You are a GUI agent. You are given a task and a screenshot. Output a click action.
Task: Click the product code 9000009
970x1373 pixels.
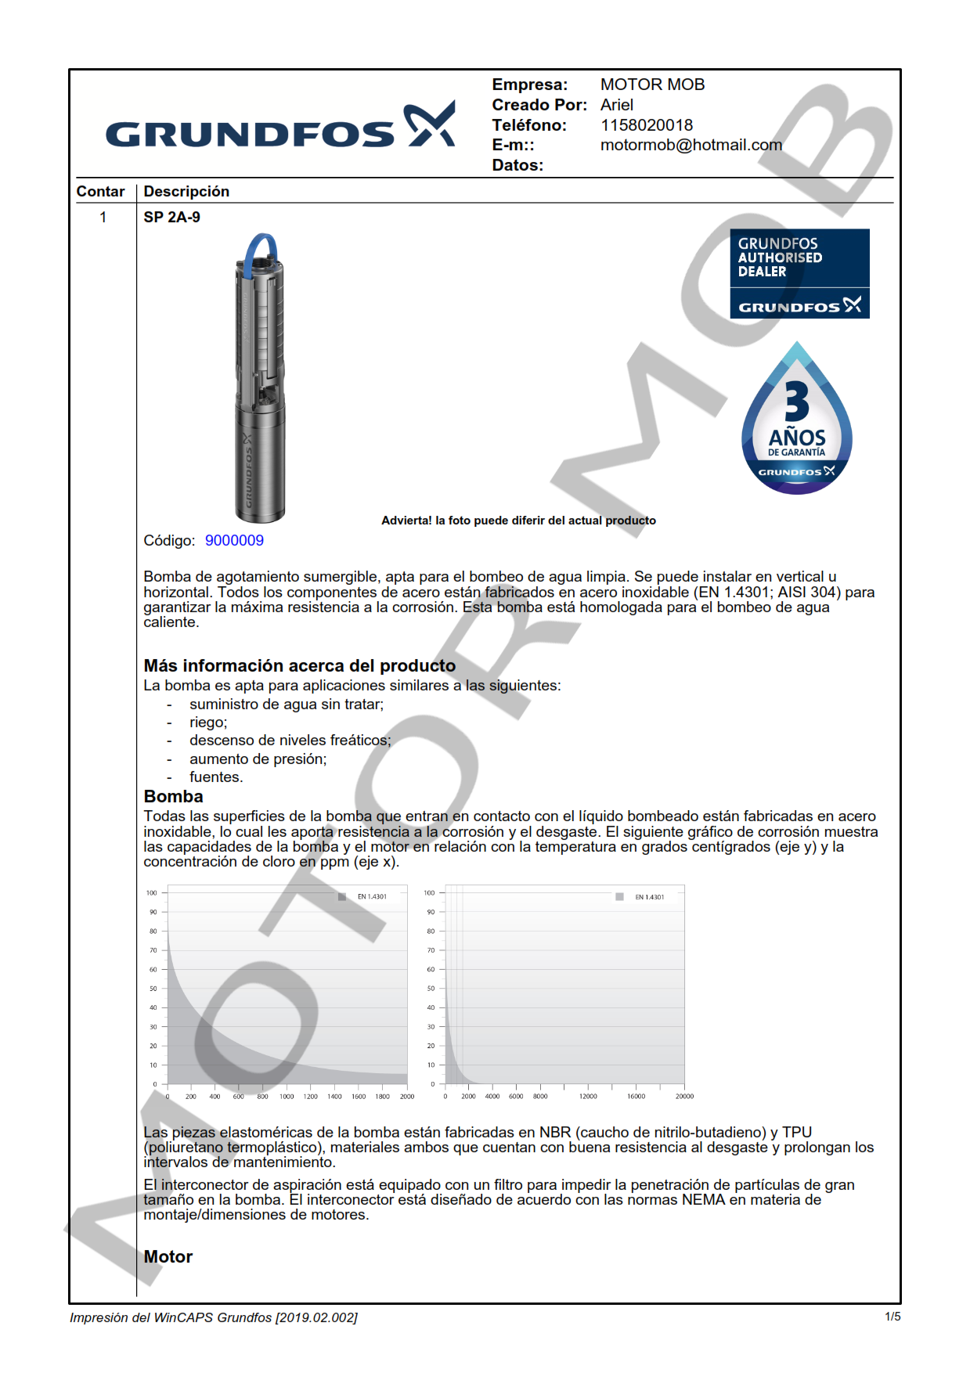[x=234, y=541]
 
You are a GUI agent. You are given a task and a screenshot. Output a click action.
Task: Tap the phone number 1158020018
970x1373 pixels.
[x=646, y=125]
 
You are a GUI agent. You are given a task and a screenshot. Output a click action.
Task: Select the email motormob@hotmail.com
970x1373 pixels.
[x=691, y=145]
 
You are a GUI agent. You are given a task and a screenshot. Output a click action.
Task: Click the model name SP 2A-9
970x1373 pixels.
[x=171, y=218]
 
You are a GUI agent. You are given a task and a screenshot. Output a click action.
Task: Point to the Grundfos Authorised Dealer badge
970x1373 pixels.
[x=799, y=273]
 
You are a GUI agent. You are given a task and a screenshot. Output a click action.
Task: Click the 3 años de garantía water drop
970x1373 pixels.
[x=796, y=423]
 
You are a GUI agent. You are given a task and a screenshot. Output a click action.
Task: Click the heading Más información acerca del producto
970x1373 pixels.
[x=299, y=666]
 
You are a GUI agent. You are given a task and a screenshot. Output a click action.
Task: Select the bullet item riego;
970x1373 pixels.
[x=208, y=723]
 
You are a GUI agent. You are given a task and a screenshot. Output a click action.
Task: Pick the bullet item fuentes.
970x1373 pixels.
[x=216, y=777]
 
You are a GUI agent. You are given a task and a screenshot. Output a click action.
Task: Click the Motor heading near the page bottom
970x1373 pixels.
[x=168, y=1257]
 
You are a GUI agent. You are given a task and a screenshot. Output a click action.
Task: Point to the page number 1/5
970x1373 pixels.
[x=892, y=1317]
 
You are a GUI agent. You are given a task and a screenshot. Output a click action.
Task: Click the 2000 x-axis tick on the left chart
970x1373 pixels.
[x=407, y=1097]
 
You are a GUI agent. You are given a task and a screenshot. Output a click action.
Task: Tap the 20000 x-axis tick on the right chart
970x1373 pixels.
[x=684, y=1097]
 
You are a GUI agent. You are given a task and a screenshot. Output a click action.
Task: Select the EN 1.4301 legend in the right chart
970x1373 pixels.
[x=648, y=897]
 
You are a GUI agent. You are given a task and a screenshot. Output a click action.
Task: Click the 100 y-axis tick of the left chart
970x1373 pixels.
[x=152, y=893]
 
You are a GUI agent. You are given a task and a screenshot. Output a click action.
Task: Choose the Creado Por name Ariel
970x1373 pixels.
[x=617, y=105]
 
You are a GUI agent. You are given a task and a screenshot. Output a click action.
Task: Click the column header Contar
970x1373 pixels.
[x=100, y=192]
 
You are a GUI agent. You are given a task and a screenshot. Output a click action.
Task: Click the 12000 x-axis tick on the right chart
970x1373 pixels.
[x=588, y=1097]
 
